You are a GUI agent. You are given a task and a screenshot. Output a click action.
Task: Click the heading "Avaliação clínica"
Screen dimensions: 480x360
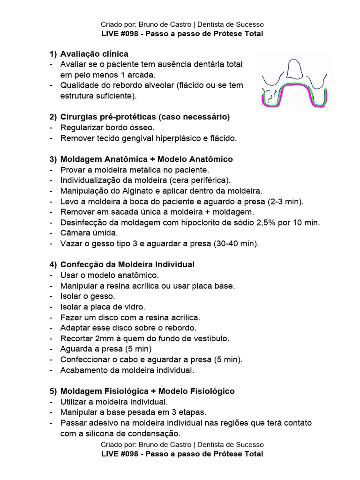(x=94, y=54)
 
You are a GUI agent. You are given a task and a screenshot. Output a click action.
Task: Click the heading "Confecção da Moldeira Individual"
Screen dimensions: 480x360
(x=127, y=264)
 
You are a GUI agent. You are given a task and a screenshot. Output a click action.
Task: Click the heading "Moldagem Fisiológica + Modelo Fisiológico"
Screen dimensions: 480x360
(x=148, y=391)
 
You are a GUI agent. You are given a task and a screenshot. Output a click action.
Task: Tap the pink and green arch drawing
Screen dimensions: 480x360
(x=294, y=96)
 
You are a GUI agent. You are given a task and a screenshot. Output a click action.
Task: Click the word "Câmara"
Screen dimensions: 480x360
(x=75, y=233)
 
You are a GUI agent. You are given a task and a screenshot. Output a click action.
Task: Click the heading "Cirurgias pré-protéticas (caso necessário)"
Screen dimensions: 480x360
(x=145, y=116)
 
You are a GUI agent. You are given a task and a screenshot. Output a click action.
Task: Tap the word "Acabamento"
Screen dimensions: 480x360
(x=83, y=370)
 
